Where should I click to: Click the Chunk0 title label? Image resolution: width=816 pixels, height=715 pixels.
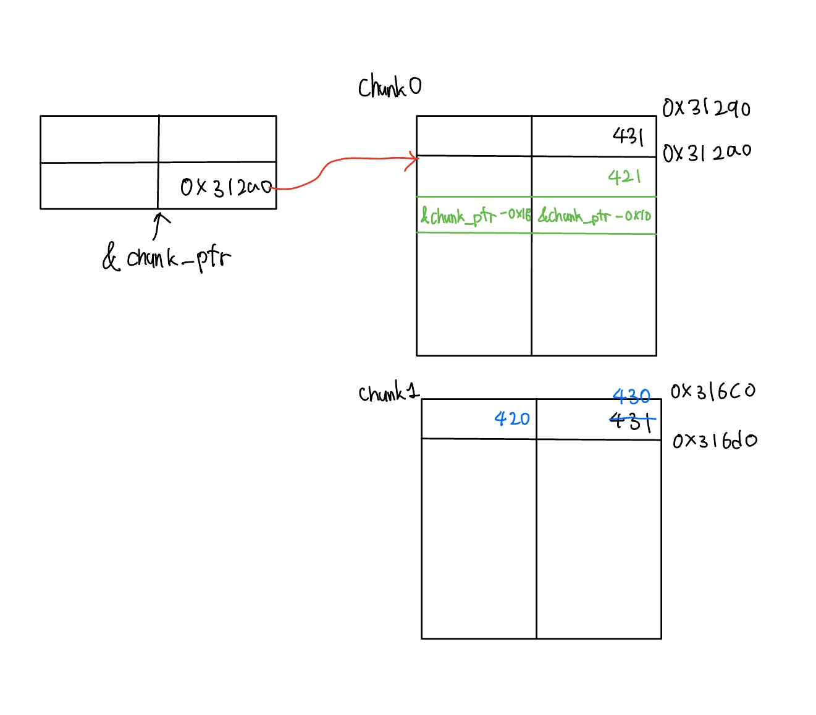click(x=390, y=87)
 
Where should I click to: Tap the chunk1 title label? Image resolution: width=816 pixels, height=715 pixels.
click(x=389, y=393)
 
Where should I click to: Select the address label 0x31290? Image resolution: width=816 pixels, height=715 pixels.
click(x=706, y=108)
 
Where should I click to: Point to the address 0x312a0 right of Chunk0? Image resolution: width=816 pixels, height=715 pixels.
click(x=707, y=152)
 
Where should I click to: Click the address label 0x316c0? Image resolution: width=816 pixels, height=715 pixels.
click(x=713, y=391)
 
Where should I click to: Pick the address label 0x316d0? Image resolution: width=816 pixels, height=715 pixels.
click(x=715, y=441)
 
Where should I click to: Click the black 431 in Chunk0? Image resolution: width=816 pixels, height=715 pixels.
click(x=628, y=136)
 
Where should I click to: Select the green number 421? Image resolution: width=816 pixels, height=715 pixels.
click(x=625, y=177)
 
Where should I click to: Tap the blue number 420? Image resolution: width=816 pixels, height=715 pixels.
click(x=512, y=419)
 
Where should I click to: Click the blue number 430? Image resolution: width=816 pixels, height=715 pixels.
click(x=631, y=396)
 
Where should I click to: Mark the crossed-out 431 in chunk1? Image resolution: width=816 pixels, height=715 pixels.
click(x=631, y=422)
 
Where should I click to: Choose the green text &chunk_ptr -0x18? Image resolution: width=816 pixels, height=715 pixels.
click(x=475, y=216)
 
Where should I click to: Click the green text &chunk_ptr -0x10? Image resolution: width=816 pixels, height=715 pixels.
click(x=594, y=216)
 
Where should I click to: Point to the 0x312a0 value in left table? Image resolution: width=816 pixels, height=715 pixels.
click(x=225, y=187)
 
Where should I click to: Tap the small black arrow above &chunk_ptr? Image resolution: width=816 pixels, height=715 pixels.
click(x=160, y=225)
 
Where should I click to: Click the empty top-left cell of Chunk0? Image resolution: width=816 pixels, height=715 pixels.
click(x=474, y=136)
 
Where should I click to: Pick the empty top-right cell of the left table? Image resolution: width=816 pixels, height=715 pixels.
click(x=217, y=139)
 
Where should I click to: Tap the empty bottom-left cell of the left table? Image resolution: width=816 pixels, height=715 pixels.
click(x=99, y=186)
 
